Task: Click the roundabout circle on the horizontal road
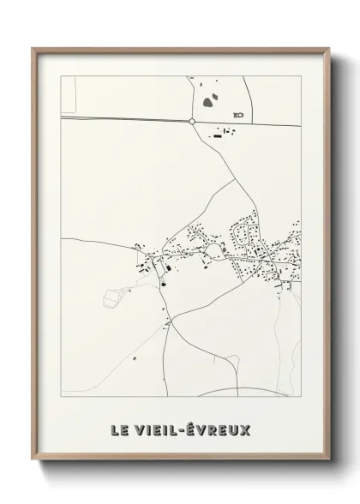192,122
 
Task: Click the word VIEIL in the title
155,429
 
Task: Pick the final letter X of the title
245,429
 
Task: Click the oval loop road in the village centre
213,250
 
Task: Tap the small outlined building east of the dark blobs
238,113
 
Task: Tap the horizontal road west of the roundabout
120,120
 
